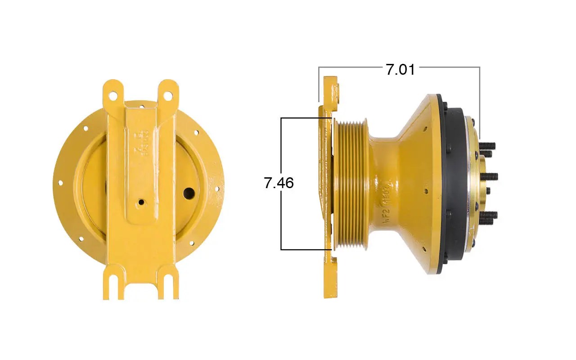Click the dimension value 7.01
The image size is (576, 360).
[400, 69]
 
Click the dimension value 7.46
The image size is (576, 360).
[279, 183]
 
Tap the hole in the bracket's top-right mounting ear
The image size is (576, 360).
[168, 95]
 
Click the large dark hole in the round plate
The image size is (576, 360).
[189, 193]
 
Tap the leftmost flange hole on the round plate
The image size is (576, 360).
[60, 183]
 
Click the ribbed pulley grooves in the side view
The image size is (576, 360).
[351, 184]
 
